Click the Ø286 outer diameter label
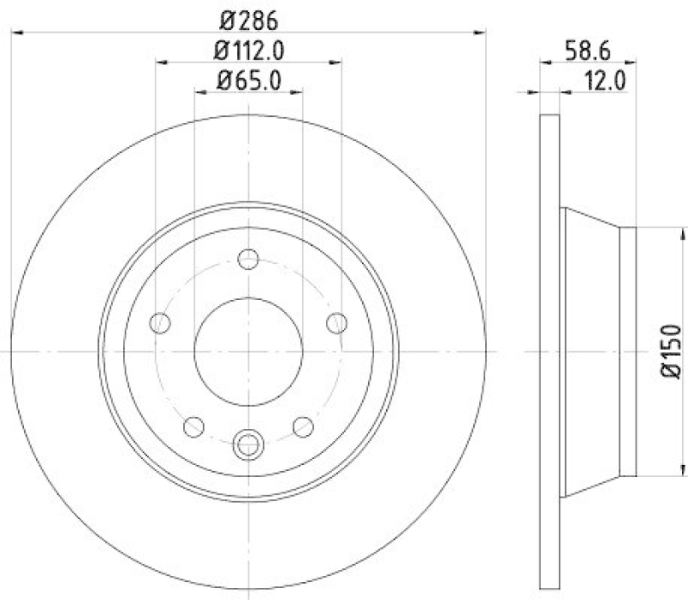pos(249,16)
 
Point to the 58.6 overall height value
pos(588,50)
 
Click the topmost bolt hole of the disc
pos(249,259)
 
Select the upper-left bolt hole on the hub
pos(160,323)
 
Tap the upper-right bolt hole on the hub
pos(337,323)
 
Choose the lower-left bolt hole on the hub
pos(194,426)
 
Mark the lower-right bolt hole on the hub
pos(303,426)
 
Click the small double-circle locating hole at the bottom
pos(249,444)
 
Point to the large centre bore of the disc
pos(249,351)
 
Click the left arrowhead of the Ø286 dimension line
pos(16,32)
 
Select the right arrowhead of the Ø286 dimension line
pos(481,32)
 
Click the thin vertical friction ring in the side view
pos(550,351)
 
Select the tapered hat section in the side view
pos(593,351)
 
